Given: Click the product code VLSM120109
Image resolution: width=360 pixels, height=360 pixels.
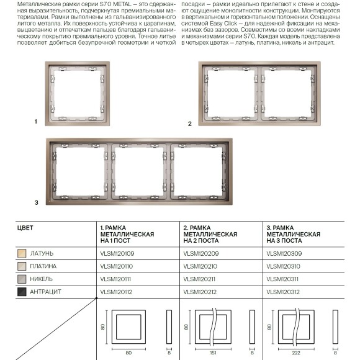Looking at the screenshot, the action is point(117,253).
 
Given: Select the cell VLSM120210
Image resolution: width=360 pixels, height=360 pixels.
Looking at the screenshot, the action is point(200,266).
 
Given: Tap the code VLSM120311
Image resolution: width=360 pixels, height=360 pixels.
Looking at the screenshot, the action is point(282,279).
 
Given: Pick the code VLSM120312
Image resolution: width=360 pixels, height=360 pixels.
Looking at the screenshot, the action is point(283,292).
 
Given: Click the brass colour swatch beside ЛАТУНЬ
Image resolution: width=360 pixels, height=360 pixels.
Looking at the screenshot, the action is point(22,253).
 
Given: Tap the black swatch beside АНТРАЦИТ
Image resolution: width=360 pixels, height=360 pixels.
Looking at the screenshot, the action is point(22,292).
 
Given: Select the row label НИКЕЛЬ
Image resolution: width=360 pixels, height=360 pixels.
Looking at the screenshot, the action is point(42,279).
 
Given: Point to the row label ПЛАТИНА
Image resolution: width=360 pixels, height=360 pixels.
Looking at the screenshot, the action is point(43,266).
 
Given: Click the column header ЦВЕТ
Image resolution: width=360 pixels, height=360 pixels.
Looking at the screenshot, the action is point(25,228).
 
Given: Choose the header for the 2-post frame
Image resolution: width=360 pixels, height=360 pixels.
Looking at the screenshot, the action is point(210,234).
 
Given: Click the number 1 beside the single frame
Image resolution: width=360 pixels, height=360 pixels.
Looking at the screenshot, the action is point(36,122).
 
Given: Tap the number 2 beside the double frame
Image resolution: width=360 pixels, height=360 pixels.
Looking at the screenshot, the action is point(190,124).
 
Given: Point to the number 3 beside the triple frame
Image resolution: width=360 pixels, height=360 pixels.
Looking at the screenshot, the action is point(36,202).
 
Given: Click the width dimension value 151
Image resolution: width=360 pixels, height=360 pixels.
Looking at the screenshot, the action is point(213,353).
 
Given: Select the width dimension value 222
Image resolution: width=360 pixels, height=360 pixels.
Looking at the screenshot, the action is point(296,353).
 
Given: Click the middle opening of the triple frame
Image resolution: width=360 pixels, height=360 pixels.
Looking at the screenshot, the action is point(139,171).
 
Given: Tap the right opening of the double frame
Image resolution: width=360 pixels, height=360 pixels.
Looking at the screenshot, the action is point(288,94).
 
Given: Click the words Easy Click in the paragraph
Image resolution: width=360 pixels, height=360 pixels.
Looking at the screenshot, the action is point(223,24).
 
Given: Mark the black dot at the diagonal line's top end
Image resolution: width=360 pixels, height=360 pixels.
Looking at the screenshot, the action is point(97,298).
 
